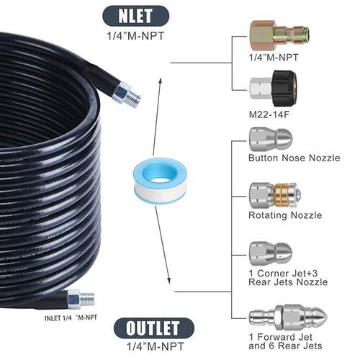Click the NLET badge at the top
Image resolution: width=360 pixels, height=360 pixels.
[136, 16]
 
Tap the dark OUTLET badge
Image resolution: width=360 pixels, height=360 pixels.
[154, 328]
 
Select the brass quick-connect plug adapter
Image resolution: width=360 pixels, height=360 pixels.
[279, 35]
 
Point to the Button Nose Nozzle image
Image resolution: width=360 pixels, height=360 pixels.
[271, 140]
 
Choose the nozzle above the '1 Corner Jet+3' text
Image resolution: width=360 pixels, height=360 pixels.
[271, 254]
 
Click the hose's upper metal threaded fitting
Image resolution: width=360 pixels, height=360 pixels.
[127, 94]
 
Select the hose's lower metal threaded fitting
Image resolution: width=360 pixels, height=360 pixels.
[81, 300]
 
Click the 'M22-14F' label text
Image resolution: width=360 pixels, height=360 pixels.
[269, 114]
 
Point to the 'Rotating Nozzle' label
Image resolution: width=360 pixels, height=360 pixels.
[285, 215]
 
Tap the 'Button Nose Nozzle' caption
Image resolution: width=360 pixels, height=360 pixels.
[294, 158]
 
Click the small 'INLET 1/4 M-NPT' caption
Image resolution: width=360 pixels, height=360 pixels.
[71, 318]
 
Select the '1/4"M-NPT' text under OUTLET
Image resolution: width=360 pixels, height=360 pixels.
[156, 346]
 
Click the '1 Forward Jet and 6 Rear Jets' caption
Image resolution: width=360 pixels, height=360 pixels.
[285, 341]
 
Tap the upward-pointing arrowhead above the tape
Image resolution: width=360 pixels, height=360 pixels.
[161, 81]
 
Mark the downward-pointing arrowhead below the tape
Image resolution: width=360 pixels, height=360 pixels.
[168, 280]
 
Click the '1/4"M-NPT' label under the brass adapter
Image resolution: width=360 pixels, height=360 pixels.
[274, 58]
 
